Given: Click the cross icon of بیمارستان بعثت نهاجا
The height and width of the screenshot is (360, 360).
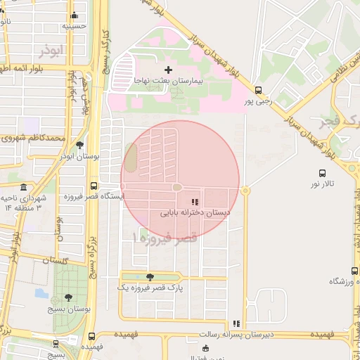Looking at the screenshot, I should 167,70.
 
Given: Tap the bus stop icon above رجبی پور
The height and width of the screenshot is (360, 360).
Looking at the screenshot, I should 259,90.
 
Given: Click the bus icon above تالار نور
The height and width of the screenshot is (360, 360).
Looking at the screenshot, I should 322,172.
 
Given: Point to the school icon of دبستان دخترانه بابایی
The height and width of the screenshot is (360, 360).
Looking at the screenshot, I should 195,202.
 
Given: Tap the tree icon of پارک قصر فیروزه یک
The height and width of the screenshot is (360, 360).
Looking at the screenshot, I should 149,277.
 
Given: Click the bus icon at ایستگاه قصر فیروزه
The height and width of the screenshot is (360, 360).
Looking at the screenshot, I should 94,186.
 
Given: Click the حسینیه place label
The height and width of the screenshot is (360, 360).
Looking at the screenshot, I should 74,25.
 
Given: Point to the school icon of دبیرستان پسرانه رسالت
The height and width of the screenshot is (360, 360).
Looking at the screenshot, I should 237,324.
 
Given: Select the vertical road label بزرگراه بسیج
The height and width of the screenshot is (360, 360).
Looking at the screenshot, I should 91,250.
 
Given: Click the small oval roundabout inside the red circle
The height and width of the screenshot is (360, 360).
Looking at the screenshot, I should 177,187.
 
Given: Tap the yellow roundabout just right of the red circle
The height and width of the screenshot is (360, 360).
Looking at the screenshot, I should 245,190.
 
